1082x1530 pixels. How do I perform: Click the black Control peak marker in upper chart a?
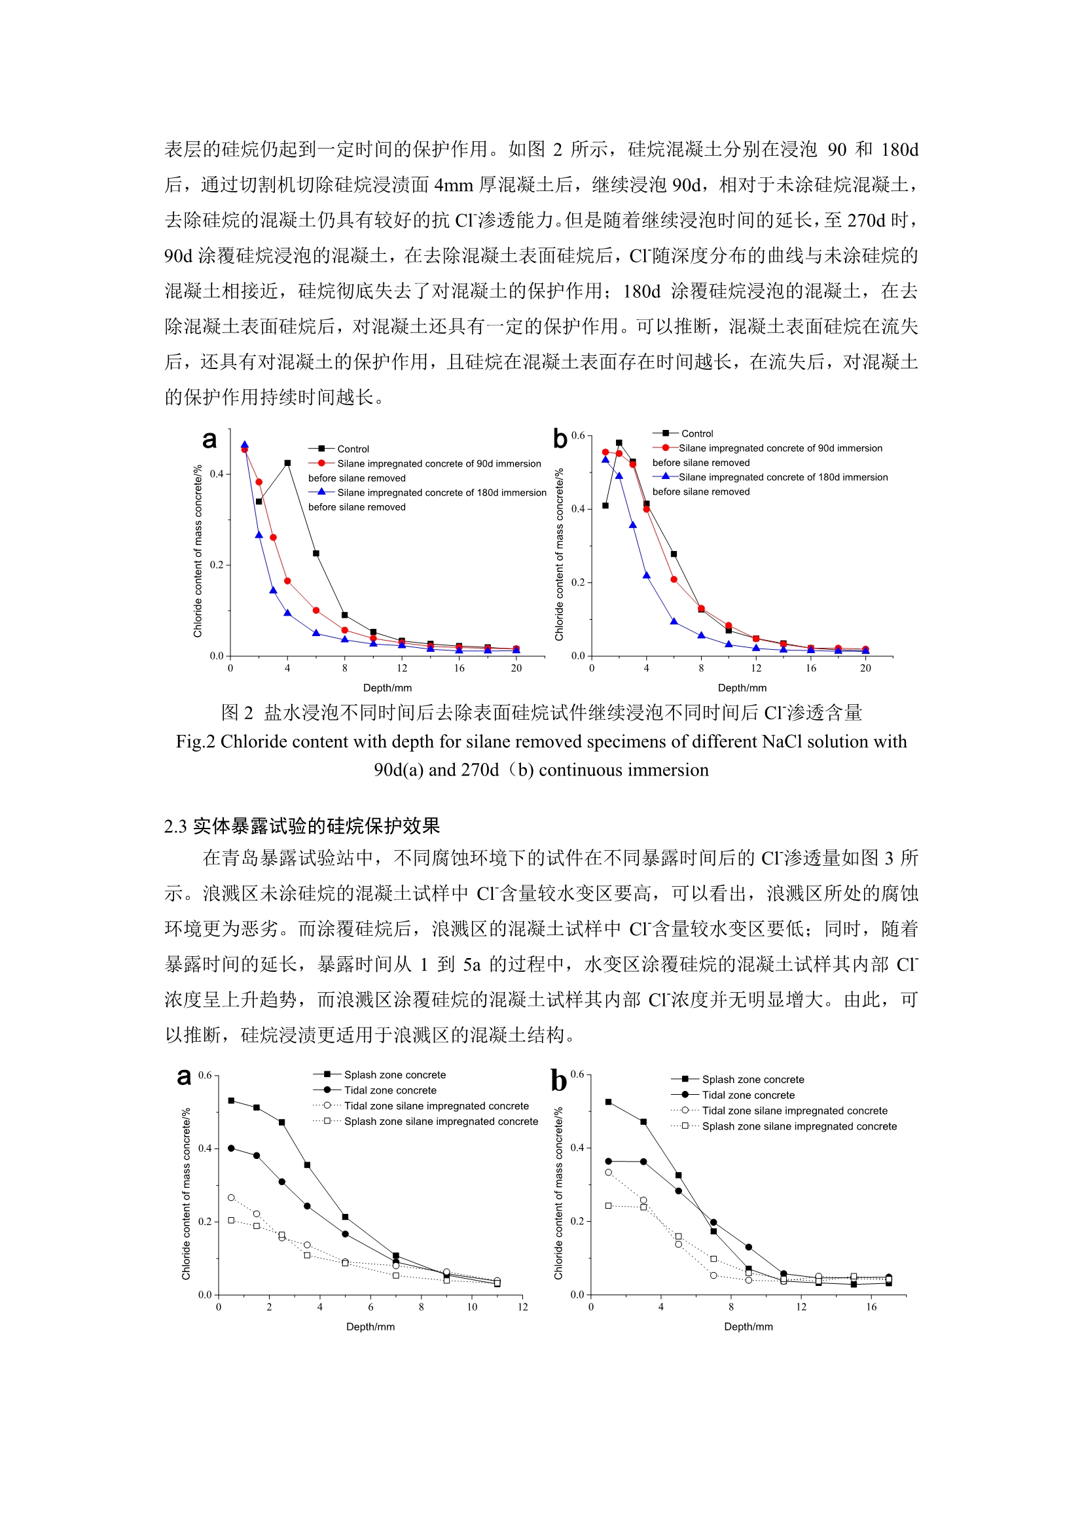pyautogui.click(x=287, y=463)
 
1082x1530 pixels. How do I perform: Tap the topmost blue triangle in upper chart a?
pyautogui.click(x=245, y=445)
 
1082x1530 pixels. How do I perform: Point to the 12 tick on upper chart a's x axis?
pyautogui.click(x=402, y=667)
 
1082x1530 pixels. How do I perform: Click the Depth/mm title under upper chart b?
pyautogui.click(x=742, y=688)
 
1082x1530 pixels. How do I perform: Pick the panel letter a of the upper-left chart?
pyautogui.click(x=209, y=440)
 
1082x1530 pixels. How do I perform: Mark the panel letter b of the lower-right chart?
pyautogui.click(x=558, y=1080)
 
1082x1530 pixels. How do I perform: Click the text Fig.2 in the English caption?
pyautogui.click(x=194, y=741)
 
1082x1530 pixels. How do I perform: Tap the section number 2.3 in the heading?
pyautogui.click(x=176, y=827)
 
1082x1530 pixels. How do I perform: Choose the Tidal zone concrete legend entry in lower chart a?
pyautogui.click(x=390, y=1090)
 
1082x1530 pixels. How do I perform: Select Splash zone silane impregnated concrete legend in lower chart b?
pyautogui.click(x=799, y=1126)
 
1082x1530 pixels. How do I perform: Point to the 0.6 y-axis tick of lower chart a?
pyautogui.click(x=205, y=1075)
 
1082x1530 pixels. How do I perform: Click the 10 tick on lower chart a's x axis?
pyautogui.click(x=472, y=1307)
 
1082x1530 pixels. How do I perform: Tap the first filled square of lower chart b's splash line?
pyautogui.click(x=608, y=1102)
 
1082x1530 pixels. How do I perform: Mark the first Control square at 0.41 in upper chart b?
pyautogui.click(x=605, y=506)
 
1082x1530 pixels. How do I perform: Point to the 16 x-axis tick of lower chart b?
pyautogui.click(x=871, y=1307)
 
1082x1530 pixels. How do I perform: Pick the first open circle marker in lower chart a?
pyautogui.click(x=231, y=1198)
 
